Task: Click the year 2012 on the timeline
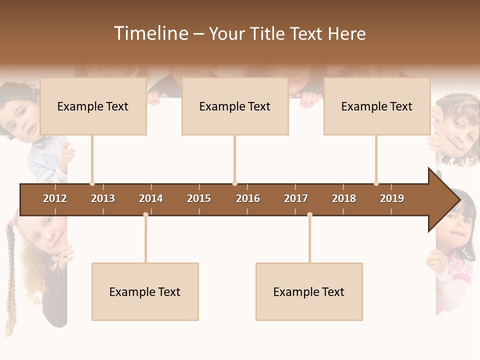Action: pos(55,198)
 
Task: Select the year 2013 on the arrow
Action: pos(103,198)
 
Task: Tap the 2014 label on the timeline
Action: pos(151,198)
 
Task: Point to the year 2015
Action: pos(199,198)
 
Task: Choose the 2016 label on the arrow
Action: pos(248,198)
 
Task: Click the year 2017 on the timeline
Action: pos(296,198)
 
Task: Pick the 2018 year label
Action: pos(344,198)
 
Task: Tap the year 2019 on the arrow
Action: pos(392,198)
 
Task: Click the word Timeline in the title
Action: pos(150,33)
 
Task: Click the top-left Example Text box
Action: pos(93,106)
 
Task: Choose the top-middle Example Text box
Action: pos(235,106)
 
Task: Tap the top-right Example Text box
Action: pos(377,106)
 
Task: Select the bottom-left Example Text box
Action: pos(145,291)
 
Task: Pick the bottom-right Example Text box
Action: pos(309,291)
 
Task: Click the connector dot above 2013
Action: pos(92,183)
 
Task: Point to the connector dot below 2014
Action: pos(145,214)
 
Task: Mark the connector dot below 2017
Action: pos(309,214)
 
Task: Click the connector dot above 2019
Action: pos(376,183)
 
